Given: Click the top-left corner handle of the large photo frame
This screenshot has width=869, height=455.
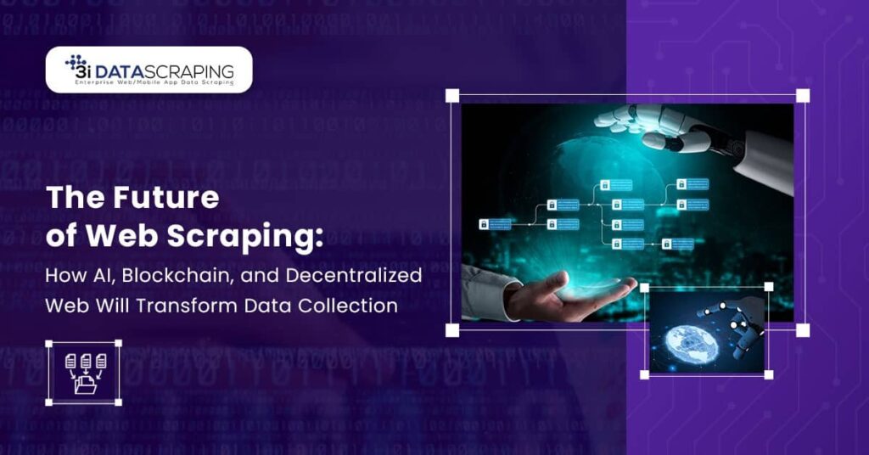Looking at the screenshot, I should coord(452,95).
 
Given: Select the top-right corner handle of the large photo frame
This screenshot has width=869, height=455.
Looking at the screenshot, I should coord(803,95).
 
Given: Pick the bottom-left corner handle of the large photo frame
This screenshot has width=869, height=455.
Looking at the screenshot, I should coord(452,330).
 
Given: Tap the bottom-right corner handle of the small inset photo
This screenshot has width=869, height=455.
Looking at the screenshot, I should coord(769,374).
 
